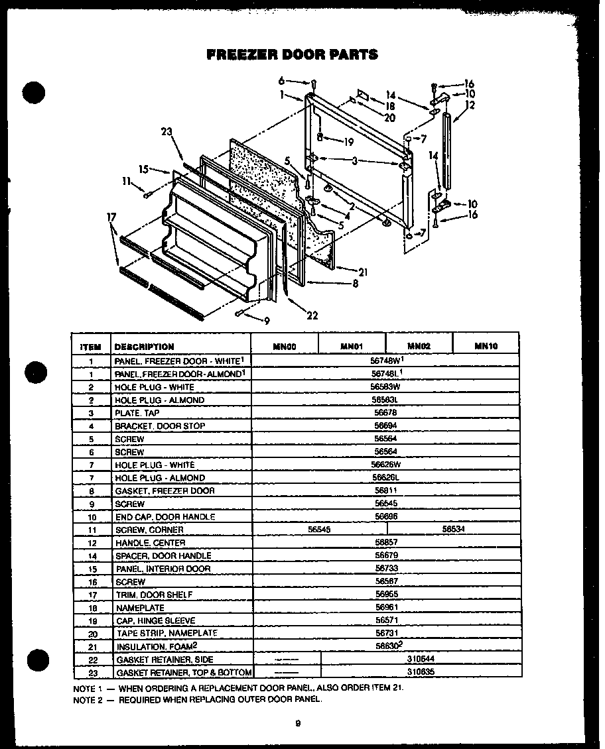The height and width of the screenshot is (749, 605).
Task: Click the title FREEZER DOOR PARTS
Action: [293, 55]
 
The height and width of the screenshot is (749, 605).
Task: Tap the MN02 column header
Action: [419, 346]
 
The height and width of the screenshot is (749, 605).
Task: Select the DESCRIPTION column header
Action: [144, 347]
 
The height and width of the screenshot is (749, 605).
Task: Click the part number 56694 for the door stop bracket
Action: [385, 426]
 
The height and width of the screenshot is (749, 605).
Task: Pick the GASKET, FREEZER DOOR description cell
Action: [165, 490]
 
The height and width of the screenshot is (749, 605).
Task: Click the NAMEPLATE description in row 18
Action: [140, 608]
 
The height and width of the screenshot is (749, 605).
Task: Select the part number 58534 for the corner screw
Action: [453, 529]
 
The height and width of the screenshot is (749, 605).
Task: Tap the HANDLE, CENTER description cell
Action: [149, 543]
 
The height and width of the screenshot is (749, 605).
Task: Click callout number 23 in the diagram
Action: [166, 131]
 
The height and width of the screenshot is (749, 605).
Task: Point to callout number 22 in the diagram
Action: [312, 316]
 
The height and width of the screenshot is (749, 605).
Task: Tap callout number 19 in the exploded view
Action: [348, 142]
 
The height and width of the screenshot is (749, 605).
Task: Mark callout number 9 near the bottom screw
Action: [266, 321]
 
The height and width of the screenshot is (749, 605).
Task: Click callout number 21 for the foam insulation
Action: [362, 272]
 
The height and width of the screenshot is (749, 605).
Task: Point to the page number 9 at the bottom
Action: [299, 723]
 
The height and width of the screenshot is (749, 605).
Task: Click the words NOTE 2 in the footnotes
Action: [87, 699]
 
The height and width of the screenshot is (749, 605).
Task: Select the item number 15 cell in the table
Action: [91, 569]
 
